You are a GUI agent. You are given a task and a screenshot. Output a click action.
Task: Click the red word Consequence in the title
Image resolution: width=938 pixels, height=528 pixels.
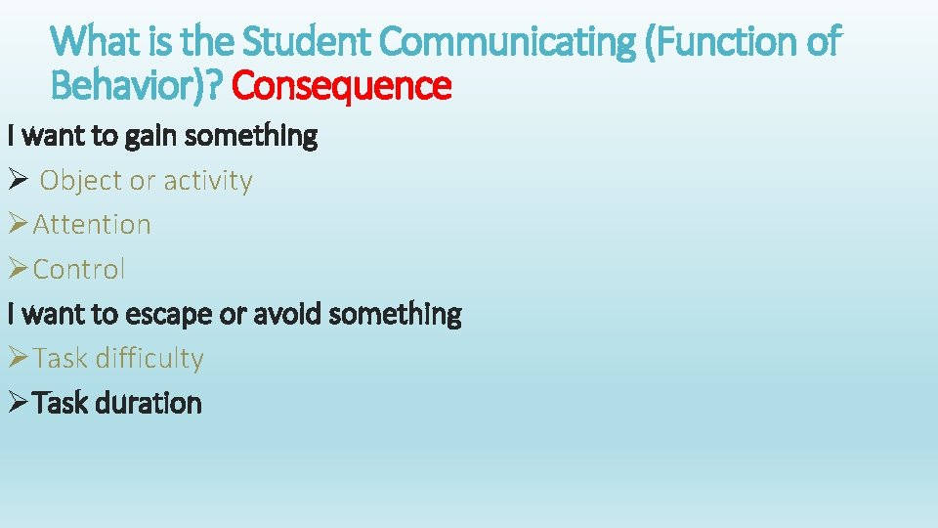click(342, 86)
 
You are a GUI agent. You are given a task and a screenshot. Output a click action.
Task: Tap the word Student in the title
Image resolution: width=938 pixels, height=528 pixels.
click(307, 42)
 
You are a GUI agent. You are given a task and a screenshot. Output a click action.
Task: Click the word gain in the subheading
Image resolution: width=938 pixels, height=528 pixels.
click(152, 136)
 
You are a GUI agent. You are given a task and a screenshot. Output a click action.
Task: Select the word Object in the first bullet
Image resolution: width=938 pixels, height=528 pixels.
click(81, 181)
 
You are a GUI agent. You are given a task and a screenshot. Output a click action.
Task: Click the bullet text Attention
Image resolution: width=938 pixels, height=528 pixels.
click(92, 225)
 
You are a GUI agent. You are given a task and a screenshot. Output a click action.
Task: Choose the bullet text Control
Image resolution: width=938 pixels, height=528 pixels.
click(79, 269)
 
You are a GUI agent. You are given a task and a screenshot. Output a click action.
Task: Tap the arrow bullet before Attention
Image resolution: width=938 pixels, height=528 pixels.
click(18, 225)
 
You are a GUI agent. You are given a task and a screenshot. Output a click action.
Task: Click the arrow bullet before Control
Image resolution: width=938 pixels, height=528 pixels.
click(18, 269)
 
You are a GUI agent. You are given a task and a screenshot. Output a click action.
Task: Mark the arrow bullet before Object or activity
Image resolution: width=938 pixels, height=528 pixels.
click(18, 181)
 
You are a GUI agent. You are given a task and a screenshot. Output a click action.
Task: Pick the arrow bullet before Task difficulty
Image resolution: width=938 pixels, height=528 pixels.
click(18, 359)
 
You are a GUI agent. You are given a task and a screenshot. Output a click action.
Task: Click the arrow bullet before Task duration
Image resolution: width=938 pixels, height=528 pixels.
click(18, 403)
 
